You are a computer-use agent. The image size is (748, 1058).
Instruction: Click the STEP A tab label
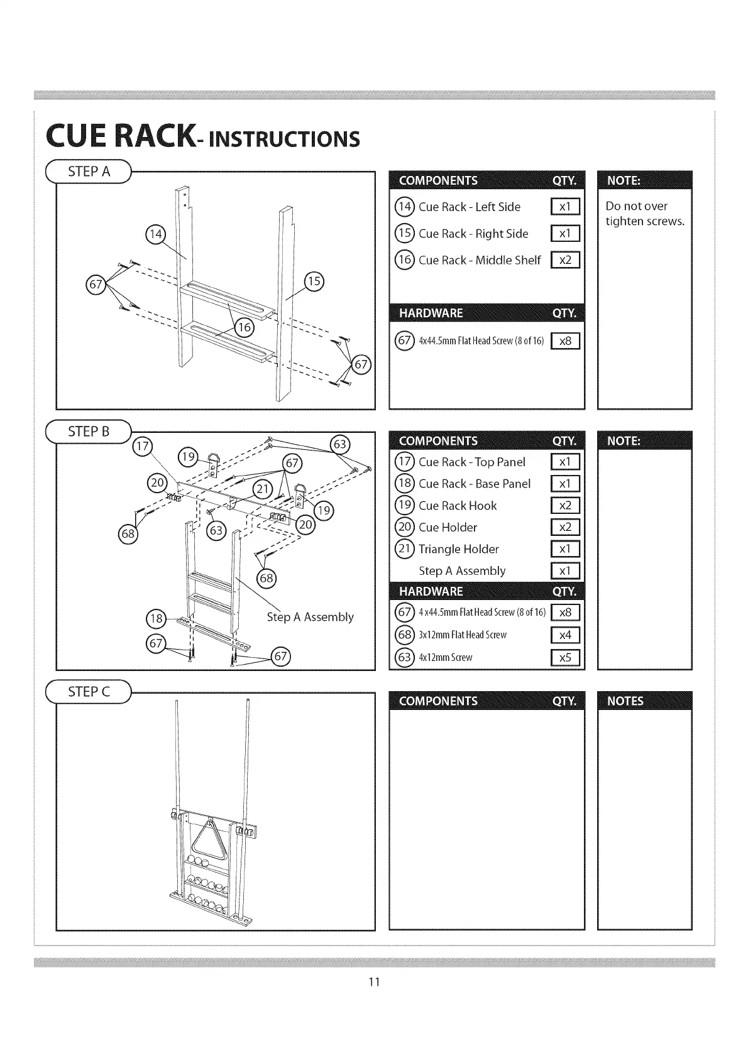pos(89,172)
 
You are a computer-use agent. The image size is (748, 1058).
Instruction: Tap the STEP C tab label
pos(89,692)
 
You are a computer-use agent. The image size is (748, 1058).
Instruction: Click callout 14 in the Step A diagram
pos(155,235)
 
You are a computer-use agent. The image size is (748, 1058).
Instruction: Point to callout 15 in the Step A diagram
pos(314,281)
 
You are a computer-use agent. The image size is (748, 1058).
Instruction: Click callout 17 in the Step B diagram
pos(143,447)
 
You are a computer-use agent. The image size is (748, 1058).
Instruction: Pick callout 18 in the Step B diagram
pos(155,619)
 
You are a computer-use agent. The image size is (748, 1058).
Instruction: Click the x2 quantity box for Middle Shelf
pos(565,260)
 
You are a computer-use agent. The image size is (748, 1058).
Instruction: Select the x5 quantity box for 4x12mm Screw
pos(565,657)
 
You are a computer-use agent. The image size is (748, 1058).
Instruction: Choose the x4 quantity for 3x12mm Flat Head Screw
pos(565,635)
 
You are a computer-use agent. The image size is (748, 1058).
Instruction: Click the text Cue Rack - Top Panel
pos(471,462)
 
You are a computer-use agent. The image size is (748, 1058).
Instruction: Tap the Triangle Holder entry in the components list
pos(458,549)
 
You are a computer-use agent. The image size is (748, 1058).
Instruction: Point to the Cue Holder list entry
pos(448,528)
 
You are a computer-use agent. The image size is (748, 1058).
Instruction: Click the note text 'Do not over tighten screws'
pos(644,214)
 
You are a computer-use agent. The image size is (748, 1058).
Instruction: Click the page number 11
pos(374,982)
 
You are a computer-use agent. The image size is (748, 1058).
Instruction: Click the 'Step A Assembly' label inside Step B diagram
pos(310,617)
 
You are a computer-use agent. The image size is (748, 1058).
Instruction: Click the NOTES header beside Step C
pos(625,701)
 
